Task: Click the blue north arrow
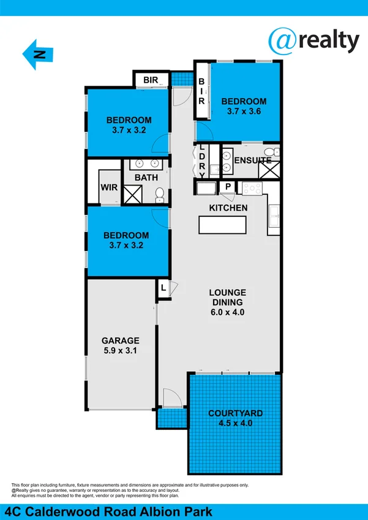click(x=37, y=55)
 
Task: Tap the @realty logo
click(x=314, y=41)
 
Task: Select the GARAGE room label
click(x=121, y=341)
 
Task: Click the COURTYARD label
click(x=235, y=413)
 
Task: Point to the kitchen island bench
click(x=222, y=225)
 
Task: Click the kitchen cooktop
click(x=252, y=189)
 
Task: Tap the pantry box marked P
click(x=228, y=187)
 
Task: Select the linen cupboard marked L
click(x=163, y=288)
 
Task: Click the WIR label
click(x=109, y=187)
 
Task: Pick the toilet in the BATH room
click(x=160, y=195)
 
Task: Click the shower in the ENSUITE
click(x=269, y=170)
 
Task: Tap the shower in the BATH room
click(x=133, y=194)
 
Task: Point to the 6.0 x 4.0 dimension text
click(x=227, y=312)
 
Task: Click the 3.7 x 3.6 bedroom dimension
click(x=244, y=111)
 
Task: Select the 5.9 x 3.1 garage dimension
click(x=121, y=350)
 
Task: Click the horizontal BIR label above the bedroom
click(x=151, y=80)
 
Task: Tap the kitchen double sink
click(x=274, y=216)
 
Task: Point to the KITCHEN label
click(x=228, y=208)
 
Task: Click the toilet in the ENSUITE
click(x=273, y=153)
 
